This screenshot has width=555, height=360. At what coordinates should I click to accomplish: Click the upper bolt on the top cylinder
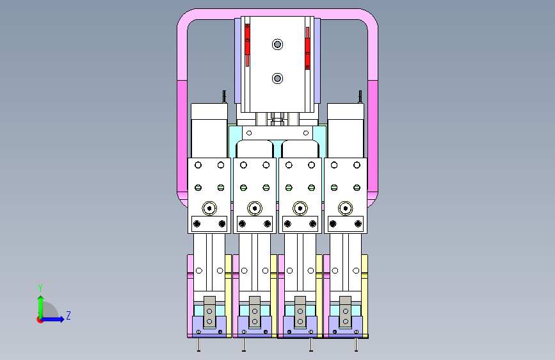point(278,44)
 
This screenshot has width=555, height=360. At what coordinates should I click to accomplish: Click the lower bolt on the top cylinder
point(278,78)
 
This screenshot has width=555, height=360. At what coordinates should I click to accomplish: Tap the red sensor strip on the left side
point(248,45)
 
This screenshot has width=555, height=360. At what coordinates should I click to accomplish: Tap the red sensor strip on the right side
point(307,48)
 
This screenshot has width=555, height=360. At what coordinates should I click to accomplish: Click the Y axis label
point(40,288)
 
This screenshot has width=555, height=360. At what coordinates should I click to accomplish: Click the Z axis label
point(68,315)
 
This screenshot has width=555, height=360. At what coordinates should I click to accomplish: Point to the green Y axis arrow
point(41,307)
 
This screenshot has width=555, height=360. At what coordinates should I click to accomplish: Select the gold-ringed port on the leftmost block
point(209,208)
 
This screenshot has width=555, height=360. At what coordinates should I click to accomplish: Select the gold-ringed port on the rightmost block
point(346,208)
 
